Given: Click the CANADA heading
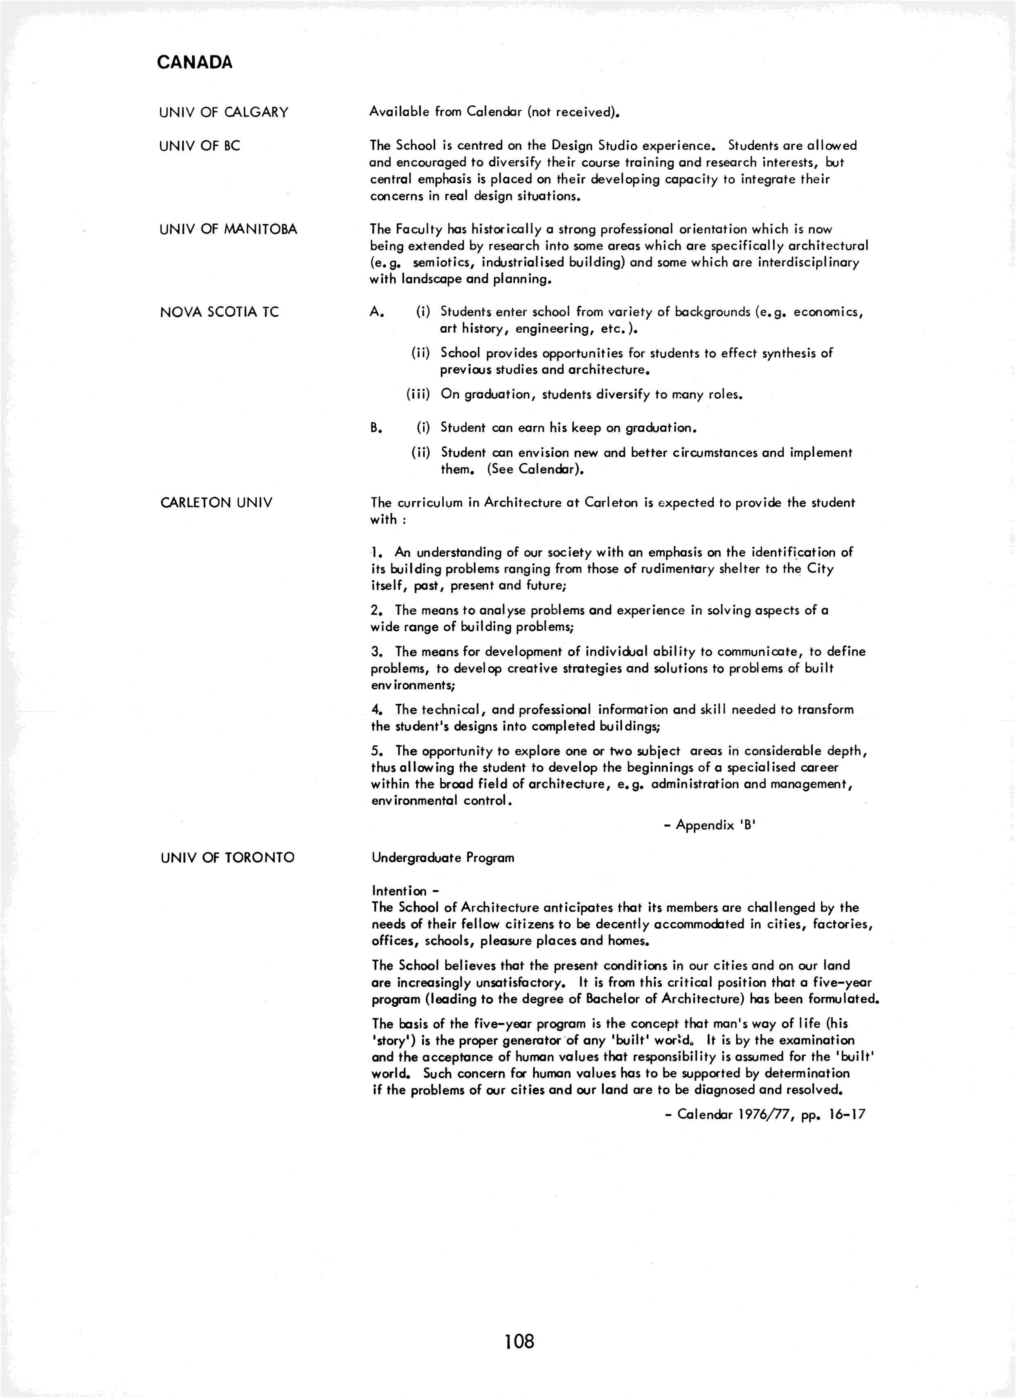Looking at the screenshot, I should [x=195, y=62].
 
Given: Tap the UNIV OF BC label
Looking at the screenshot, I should [x=200, y=146].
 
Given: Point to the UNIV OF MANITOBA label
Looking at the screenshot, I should [x=228, y=229].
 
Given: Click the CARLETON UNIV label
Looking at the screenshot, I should [x=216, y=503].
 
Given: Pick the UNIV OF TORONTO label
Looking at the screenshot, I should [x=227, y=857].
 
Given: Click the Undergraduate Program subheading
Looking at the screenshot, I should [x=443, y=858].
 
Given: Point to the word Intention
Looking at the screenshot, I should [x=400, y=891].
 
